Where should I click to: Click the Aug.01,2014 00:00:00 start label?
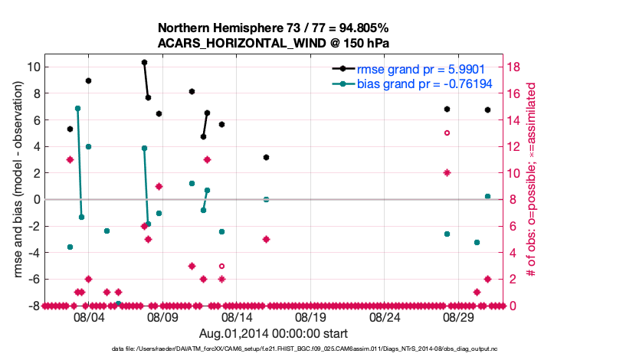274,333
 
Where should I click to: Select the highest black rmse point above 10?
144,62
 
